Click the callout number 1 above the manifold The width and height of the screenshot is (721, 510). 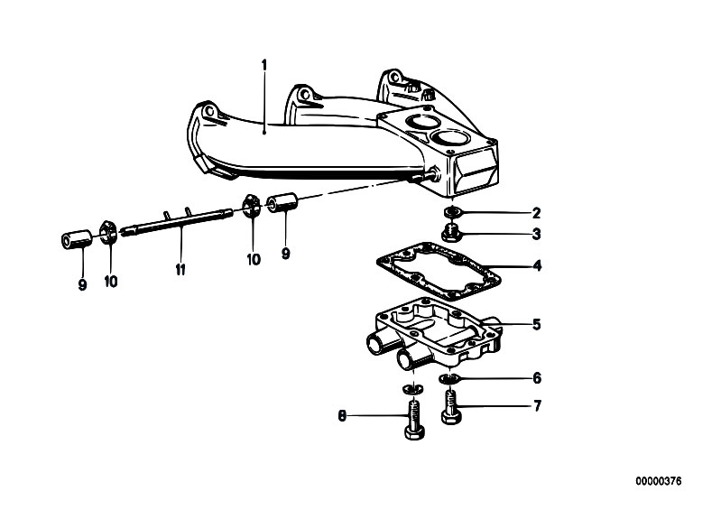click(x=263, y=65)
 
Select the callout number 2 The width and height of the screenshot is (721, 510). click(x=536, y=213)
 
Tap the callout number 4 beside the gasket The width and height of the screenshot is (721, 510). click(x=537, y=265)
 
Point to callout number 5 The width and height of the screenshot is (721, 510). click(x=536, y=325)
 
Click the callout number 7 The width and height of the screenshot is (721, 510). click(x=537, y=406)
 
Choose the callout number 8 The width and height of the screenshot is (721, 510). click(x=342, y=416)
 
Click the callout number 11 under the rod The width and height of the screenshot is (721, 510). click(x=180, y=270)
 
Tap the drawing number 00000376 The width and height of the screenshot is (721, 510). click(x=659, y=481)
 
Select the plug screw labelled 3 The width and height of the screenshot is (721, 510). click(x=451, y=234)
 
